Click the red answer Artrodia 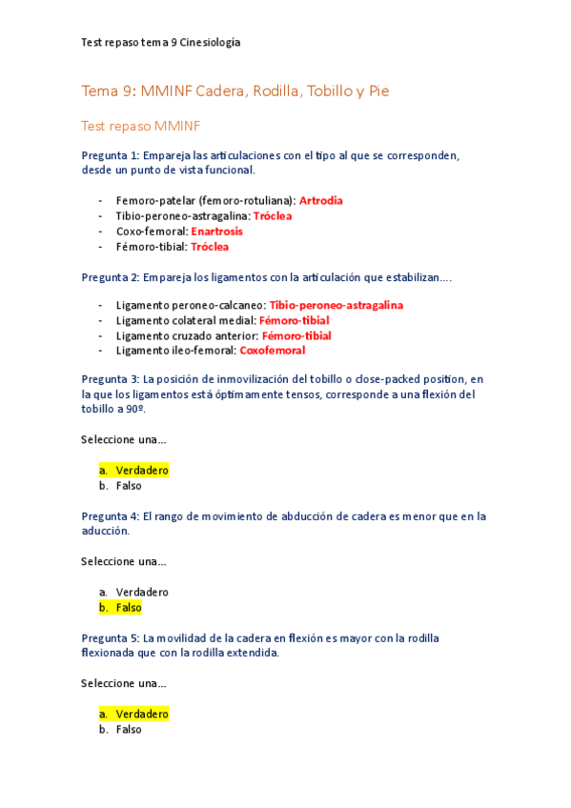pos(320,201)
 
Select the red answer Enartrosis pos(216,232)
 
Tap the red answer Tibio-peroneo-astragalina pos(336,305)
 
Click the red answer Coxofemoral pos(272,351)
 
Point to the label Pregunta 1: pos(111,155)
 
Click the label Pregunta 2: pos(111,277)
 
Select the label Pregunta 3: pos(111,379)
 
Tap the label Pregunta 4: pos(111,516)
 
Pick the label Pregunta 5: pos(111,638)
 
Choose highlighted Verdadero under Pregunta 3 pos(141,471)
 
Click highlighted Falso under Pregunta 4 pos(129,608)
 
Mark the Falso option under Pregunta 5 pos(129,730)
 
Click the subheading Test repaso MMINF pos(140,126)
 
